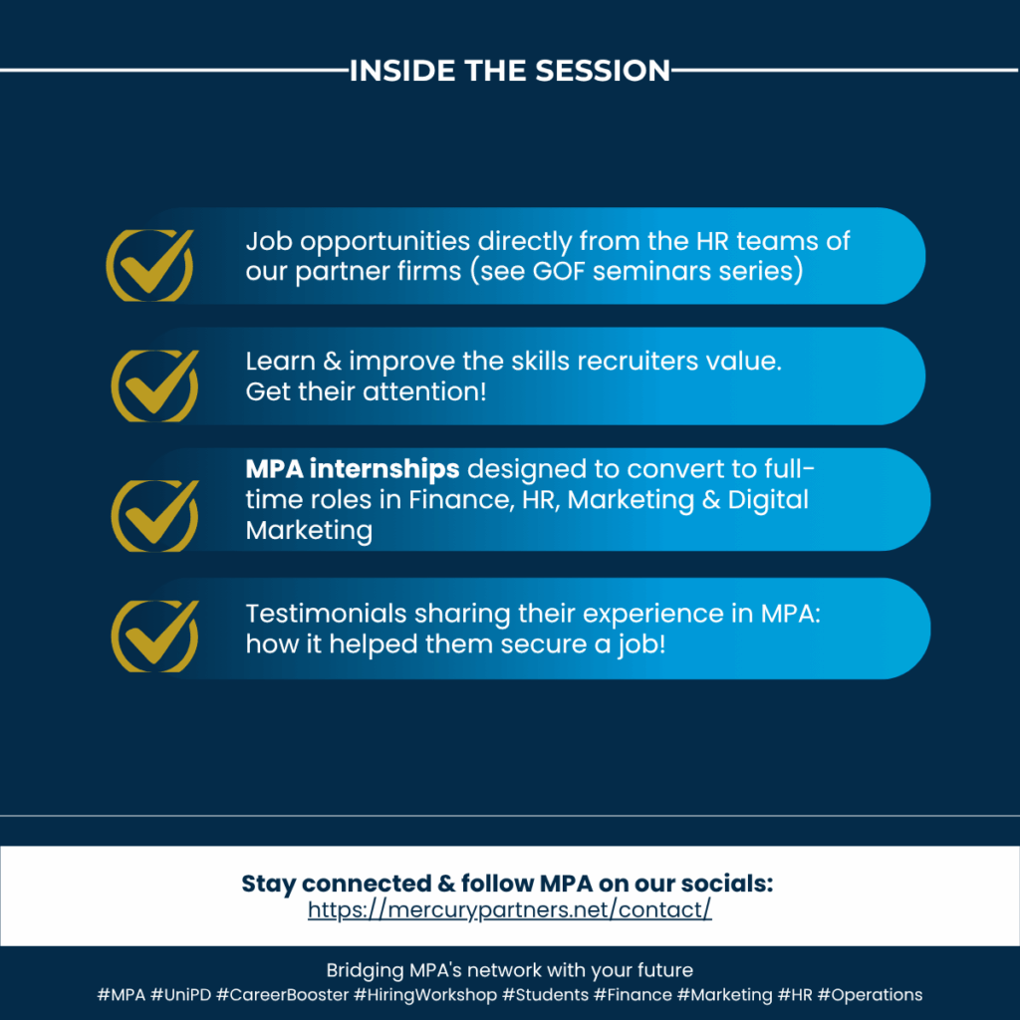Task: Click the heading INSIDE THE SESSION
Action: pos(510,71)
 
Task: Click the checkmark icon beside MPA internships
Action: pos(155,517)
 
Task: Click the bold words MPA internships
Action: pos(353,468)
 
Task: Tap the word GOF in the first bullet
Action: pos(559,271)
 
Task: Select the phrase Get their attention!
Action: pos(366,391)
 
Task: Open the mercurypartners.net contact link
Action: pos(510,909)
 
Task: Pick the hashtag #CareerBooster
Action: pos(282,995)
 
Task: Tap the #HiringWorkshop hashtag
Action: pos(425,995)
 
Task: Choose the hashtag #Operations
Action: pos(870,995)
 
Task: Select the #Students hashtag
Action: pos(545,995)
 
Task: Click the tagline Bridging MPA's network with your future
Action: pos(510,970)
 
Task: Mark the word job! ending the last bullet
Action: pos(642,644)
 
